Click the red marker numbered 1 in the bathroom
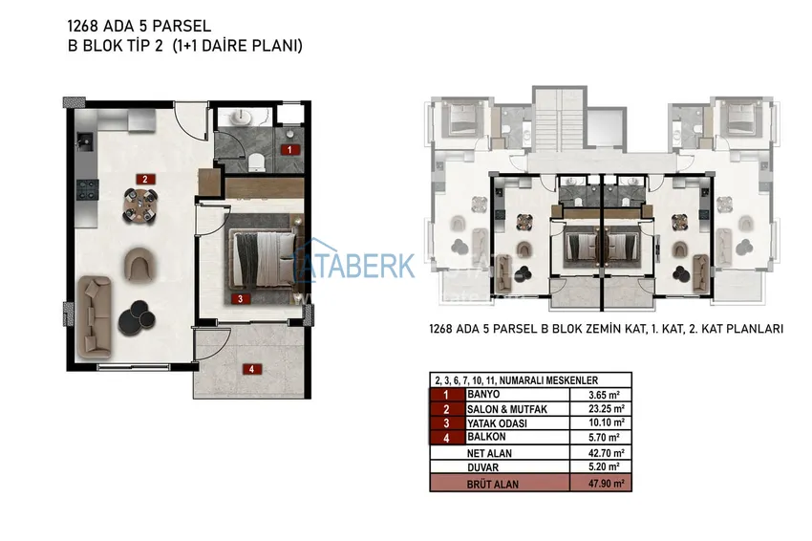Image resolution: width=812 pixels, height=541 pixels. [x=289, y=150]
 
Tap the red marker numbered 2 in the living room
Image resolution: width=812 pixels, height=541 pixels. [x=145, y=180]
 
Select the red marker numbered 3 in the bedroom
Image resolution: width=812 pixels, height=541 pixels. [x=241, y=298]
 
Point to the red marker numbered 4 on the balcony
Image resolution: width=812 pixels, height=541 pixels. [x=251, y=369]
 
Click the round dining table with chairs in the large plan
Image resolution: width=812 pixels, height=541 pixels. [x=140, y=205]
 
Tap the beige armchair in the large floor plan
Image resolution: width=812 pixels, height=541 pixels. [x=140, y=265]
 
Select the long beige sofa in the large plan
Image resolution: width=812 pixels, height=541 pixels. [x=95, y=317]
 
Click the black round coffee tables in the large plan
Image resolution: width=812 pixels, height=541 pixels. [x=137, y=317]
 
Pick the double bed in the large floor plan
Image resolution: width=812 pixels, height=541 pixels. [x=264, y=258]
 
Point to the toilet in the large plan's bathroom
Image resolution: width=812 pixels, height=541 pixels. [x=256, y=162]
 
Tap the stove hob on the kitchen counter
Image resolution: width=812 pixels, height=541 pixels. [x=87, y=189]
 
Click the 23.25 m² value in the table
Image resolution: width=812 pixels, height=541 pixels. [x=607, y=409]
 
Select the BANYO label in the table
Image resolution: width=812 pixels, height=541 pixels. [x=483, y=395]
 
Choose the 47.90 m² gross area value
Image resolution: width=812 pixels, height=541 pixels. [x=607, y=484]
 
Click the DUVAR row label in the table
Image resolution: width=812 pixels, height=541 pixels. [x=482, y=467]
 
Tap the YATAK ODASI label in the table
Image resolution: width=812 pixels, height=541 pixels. [x=497, y=423]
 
